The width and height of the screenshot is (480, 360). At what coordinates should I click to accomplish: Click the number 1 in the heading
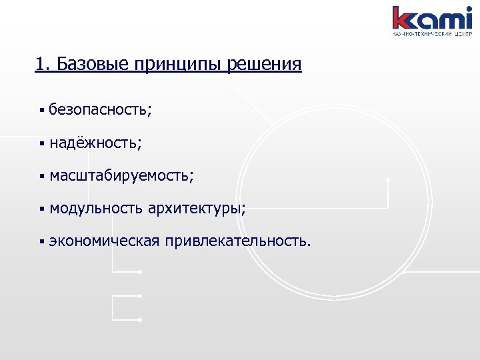pos(39,65)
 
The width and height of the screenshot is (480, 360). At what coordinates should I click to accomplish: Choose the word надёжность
pos(95,142)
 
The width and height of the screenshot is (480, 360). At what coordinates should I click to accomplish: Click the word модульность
pos(95,209)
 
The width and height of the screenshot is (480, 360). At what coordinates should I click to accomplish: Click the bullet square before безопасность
pos(41,109)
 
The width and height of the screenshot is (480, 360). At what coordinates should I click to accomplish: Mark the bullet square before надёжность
pos(41,143)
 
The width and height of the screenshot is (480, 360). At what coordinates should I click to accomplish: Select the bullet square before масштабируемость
pos(41,176)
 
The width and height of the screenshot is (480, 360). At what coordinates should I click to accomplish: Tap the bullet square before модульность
pos(41,209)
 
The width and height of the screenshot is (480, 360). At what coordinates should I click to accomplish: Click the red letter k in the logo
pos(403,18)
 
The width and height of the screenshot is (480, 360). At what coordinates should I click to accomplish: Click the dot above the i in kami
pos(468,9)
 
